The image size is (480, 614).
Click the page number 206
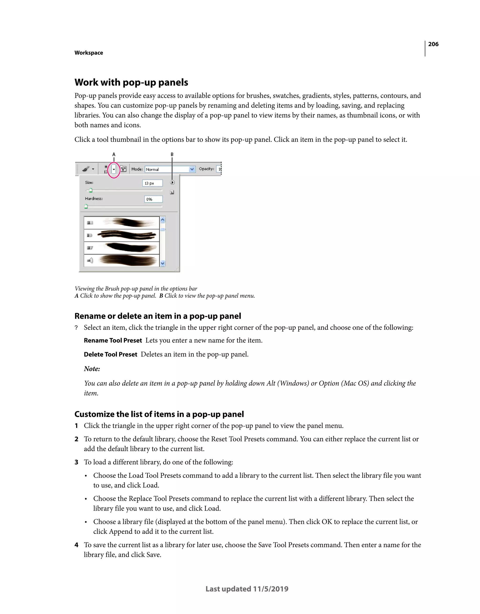coord(433,44)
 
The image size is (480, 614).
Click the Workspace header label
coord(89,53)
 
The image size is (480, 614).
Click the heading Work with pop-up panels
coord(131,82)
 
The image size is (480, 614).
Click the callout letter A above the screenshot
coord(114,154)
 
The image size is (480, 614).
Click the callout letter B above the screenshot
coord(172,154)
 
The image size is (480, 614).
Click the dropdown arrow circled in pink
coord(114,169)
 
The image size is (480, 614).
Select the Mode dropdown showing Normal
coord(170,169)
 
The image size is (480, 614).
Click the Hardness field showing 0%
coord(153,199)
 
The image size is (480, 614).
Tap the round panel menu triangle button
coord(172,183)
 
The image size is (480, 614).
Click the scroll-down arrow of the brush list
coord(162,263)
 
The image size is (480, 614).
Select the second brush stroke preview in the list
coord(127,235)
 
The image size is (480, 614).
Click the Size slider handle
coord(90,191)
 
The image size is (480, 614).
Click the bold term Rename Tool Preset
coord(113,341)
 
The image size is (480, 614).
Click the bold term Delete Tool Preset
coord(110,355)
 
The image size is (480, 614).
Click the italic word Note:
coord(92,369)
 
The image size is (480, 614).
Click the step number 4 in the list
coord(76,545)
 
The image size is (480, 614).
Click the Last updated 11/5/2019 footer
coord(247,589)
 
